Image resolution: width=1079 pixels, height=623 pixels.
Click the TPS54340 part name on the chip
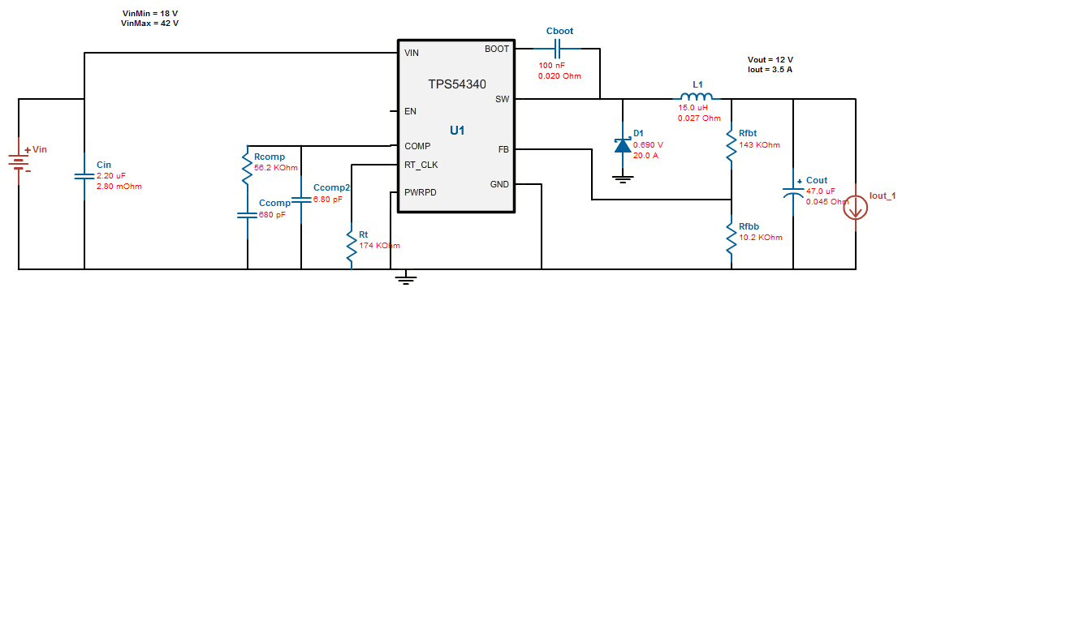point(457,84)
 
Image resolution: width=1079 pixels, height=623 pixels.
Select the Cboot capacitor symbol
point(557,49)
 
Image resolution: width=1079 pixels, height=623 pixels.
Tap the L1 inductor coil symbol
point(697,97)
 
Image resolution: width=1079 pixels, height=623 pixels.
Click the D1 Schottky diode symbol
point(623,145)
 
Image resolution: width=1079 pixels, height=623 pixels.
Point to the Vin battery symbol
point(19,161)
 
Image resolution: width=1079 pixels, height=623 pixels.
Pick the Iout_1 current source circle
point(856,208)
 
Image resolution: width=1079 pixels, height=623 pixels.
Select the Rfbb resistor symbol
point(732,238)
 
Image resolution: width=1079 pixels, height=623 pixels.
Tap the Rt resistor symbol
point(352,246)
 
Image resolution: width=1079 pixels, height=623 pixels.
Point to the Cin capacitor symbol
point(84,176)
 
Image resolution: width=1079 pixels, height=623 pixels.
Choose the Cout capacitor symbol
point(793,192)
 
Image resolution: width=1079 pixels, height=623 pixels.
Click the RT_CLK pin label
point(421,165)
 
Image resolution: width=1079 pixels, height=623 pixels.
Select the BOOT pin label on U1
point(497,49)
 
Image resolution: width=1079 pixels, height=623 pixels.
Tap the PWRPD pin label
point(421,192)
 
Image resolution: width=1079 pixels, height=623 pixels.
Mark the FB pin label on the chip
point(503,150)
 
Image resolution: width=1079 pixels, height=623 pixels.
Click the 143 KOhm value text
point(760,145)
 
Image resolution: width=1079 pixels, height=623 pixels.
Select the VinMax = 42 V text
point(150,23)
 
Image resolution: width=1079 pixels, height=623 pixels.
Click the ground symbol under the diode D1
point(623,179)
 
